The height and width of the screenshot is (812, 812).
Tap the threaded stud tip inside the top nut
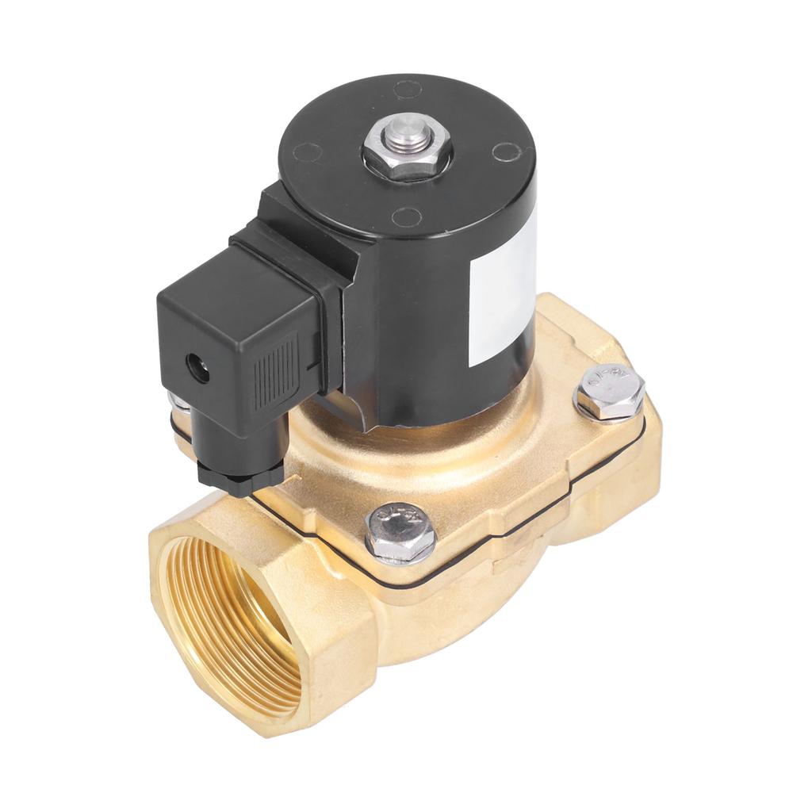407,128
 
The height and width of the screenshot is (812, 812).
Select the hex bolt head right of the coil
609,391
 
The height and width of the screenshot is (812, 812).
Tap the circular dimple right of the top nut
505,151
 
